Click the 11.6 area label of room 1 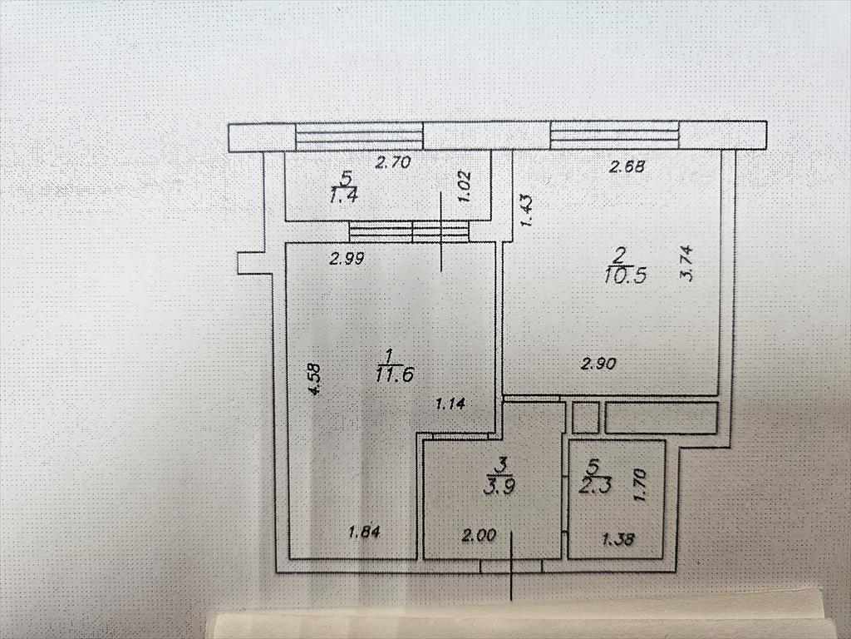[x=395, y=374]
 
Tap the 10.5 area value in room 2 [x=625, y=275]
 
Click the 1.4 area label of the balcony [x=343, y=196]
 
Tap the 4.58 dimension [x=314, y=379]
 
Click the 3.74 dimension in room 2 [x=686, y=264]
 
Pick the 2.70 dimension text [x=393, y=162]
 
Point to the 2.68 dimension [x=627, y=166]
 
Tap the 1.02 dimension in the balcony [x=465, y=186]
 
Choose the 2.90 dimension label [x=598, y=363]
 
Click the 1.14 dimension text [x=450, y=404]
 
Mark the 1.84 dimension [x=364, y=531]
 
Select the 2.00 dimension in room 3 [x=479, y=536]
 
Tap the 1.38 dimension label [x=618, y=539]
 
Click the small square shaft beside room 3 [x=585, y=418]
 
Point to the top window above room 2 [x=614, y=136]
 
